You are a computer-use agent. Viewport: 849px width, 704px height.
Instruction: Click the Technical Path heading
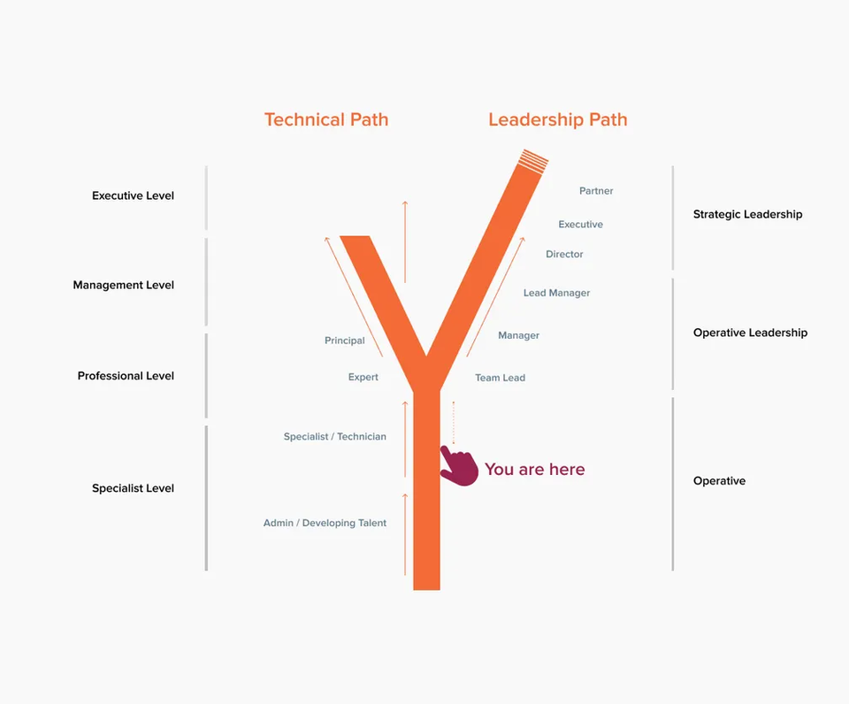click(326, 119)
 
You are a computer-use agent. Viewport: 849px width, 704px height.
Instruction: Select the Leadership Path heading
click(558, 119)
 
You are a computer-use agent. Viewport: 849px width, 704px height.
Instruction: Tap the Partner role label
click(596, 191)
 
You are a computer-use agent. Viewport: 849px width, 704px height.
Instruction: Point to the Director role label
click(564, 254)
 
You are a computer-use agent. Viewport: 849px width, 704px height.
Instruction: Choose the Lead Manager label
click(556, 293)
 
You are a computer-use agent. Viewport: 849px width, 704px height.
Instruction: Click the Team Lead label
click(501, 378)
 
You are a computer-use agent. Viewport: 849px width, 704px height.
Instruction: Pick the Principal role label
click(345, 341)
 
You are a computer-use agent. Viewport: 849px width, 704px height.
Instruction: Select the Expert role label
click(363, 377)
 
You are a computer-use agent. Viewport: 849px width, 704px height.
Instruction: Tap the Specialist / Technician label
click(335, 437)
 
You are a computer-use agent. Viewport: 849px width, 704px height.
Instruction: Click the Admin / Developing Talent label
click(325, 523)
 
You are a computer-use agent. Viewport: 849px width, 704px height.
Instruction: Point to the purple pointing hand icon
click(459, 466)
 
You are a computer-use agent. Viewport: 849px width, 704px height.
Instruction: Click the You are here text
click(535, 469)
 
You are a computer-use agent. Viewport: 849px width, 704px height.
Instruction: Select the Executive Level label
click(134, 195)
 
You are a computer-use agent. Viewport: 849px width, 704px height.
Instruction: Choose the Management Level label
click(124, 285)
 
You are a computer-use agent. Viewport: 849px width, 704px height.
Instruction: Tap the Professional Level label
click(126, 376)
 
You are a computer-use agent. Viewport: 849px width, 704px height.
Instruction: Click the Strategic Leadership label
click(748, 214)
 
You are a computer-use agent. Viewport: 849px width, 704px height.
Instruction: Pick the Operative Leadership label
click(751, 333)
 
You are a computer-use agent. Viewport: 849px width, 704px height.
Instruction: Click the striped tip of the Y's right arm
click(533, 161)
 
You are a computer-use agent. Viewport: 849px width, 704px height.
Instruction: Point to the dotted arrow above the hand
click(454, 423)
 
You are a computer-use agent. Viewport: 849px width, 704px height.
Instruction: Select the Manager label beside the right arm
click(519, 335)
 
